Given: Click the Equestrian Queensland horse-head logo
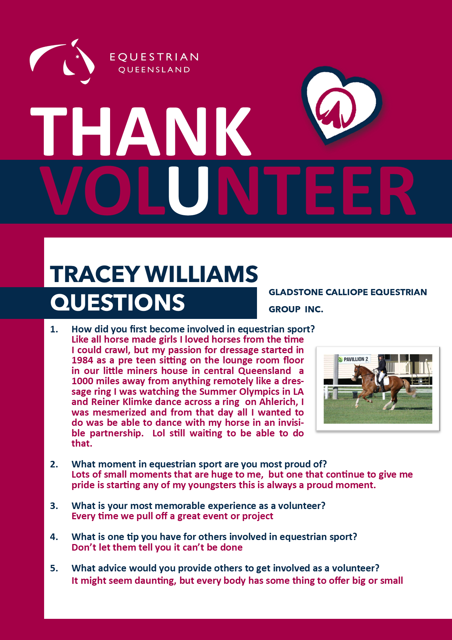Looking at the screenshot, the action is (62, 61).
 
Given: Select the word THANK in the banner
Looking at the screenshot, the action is (141, 131).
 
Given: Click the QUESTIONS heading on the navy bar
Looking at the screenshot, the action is (118, 302).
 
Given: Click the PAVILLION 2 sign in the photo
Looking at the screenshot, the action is (353, 359).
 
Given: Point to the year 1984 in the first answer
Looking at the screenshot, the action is (82, 361).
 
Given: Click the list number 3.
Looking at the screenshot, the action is (54, 506).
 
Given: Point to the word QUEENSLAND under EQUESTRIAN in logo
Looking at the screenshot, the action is (154, 70).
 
